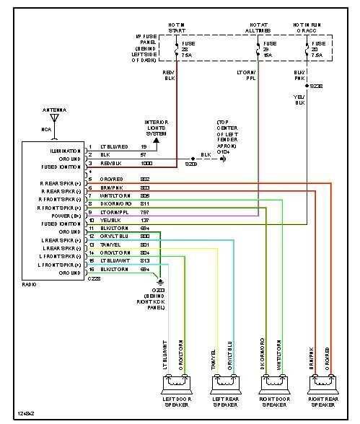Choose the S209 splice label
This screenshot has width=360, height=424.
190,164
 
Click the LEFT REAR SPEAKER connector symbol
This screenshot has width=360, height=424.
224,382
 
